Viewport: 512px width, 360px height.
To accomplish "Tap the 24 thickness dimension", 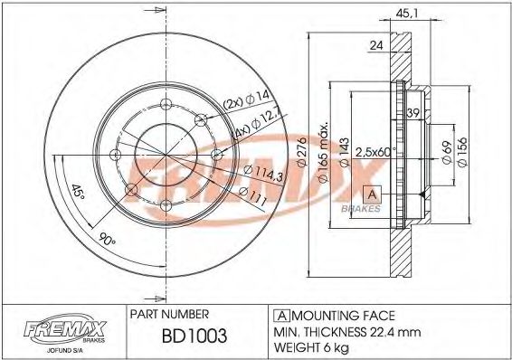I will point(376,45).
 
